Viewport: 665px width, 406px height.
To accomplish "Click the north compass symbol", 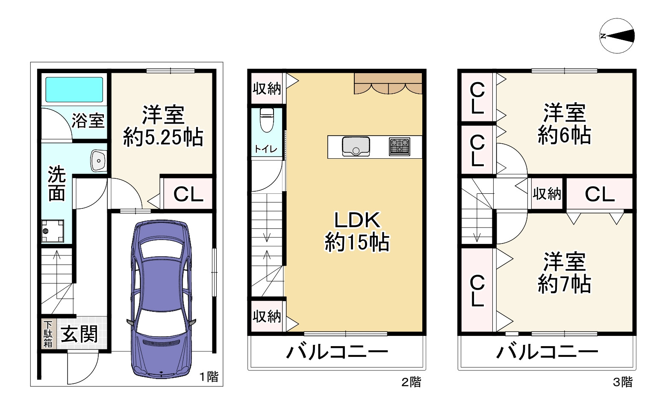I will [x=617, y=36].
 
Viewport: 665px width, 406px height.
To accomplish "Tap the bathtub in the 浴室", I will [x=74, y=89].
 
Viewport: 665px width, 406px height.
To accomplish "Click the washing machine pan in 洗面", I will [x=53, y=231].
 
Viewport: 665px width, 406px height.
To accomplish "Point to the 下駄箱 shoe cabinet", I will [x=48, y=334].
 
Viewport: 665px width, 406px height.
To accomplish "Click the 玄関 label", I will [x=79, y=334].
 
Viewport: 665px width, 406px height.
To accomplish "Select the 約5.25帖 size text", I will [x=163, y=138].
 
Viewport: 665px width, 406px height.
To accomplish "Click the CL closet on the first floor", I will [x=188, y=195].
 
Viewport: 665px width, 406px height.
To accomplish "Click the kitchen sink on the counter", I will [x=356, y=146].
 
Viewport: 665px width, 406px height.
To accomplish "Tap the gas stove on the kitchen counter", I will [x=399, y=147].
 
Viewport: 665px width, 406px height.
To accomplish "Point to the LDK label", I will [x=357, y=220].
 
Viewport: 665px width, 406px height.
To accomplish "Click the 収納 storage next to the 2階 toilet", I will [x=267, y=89].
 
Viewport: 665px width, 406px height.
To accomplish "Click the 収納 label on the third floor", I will [x=547, y=194].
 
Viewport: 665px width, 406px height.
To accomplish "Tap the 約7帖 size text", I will [x=564, y=284].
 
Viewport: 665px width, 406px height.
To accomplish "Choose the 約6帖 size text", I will [x=564, y=135].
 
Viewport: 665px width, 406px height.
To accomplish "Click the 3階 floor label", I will [x=622, y=382].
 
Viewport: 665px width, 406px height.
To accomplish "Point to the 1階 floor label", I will [x=209, y=376].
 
